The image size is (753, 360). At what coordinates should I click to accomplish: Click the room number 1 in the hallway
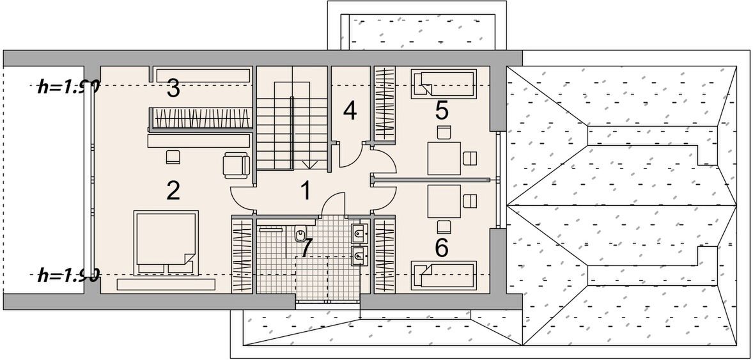306,190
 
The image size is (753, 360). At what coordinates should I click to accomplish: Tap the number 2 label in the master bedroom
173,190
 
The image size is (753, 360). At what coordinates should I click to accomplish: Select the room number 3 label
173,89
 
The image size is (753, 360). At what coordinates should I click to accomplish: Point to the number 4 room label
349,111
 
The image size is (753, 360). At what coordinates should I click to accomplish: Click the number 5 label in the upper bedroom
441,111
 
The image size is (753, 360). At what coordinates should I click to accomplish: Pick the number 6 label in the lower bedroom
441,247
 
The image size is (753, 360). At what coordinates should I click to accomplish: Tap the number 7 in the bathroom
307,247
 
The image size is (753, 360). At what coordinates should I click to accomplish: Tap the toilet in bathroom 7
300,235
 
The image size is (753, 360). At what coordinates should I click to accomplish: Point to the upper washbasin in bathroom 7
359,233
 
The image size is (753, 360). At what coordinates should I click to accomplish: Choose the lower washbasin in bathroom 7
359,256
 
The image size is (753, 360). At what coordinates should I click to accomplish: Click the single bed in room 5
443,83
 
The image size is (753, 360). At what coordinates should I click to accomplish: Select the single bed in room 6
443,275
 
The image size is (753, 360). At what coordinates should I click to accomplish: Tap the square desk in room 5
444,158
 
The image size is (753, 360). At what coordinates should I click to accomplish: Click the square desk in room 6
444,201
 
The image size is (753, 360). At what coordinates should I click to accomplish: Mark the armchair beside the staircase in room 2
236,166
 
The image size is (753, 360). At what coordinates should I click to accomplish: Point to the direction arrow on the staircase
310,164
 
